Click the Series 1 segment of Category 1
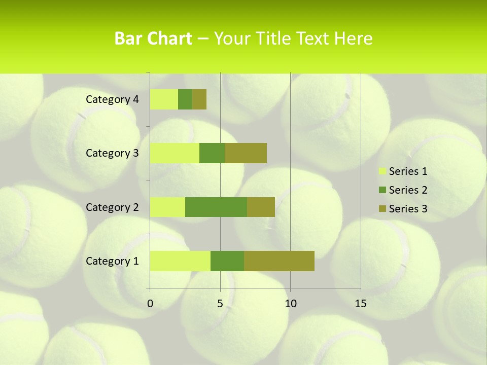coord(180,261)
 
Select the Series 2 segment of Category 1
coord(227,261)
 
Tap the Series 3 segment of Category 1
coord(279,261)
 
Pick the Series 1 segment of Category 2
coord(167,207)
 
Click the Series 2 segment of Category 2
coord(216,207)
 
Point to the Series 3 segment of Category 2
coord(261,207)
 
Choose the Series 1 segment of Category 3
coord(175,153)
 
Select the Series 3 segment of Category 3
coord(246,153)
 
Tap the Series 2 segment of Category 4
coord(185,99)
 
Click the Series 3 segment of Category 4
coord(199,99)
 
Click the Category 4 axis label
coord(112,99)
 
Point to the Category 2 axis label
coord(112,207)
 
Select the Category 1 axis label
coord(112,261)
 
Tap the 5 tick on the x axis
coord(220,304)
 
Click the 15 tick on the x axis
coord(361,304)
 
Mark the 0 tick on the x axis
coord(150,304)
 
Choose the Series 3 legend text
coord(408,209)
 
